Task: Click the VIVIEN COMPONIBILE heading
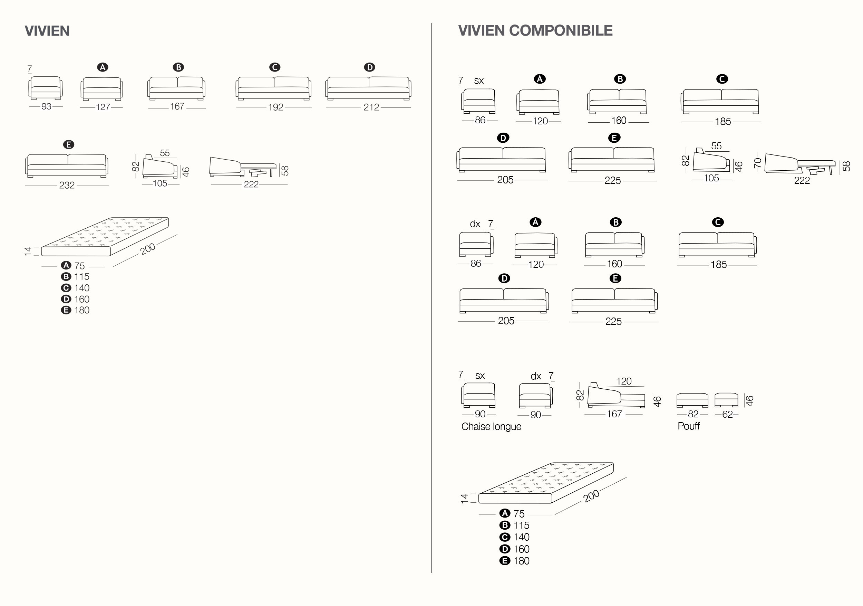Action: [535, 30]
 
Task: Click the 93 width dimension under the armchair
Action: [46, 106]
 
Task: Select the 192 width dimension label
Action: [275, 107]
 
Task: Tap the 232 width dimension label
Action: [67, 185]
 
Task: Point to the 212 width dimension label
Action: [371, 107]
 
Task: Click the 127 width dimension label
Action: [103, 107]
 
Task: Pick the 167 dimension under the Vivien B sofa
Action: [177, 106]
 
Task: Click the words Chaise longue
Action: [491, 427]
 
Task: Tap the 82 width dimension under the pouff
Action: [693, 414]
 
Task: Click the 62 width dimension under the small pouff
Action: [728, 415]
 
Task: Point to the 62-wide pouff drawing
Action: [727, 400]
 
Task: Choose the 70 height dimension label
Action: [758, 163]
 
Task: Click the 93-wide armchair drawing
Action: [46, 88]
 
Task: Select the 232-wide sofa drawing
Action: [67, 166]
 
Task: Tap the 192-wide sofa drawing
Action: [274, 89]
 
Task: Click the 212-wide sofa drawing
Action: [368, 89]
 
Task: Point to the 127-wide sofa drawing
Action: [102, 89]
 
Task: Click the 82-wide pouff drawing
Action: [692, 400]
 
